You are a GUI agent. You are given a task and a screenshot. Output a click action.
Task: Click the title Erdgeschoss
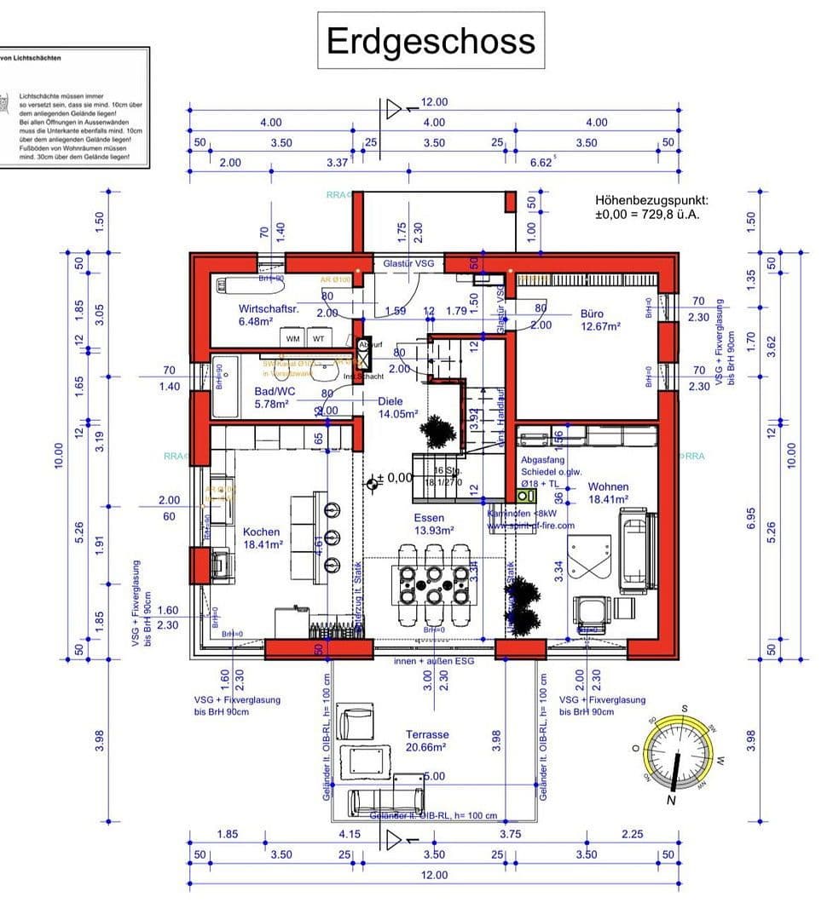(431, 41)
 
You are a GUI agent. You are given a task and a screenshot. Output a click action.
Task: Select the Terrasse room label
(427, 734)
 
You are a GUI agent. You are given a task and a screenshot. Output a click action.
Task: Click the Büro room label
(592, 313)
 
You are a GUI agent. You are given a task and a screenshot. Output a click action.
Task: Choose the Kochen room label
(261, 532)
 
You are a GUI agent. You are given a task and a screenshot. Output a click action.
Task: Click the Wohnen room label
(608, 487)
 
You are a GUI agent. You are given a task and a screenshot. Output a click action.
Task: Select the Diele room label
(390, 400)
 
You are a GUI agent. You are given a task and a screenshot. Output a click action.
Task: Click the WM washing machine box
(293, 338)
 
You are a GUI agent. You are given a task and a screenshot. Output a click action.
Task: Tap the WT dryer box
(318, 338)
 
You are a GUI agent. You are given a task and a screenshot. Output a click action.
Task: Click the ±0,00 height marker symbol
(372, 484)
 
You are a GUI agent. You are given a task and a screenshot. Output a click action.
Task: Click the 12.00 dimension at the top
(434, 102)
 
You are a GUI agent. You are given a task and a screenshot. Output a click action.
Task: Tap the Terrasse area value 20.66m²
(427, 748)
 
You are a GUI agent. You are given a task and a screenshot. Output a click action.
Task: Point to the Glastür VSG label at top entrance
(408, 264)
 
